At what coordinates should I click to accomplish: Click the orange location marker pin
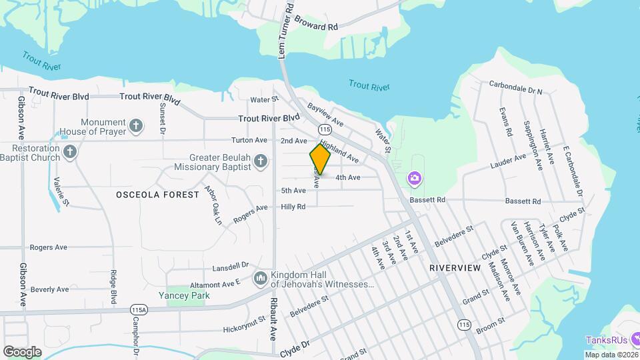pyautogui.click(x=320, y=159)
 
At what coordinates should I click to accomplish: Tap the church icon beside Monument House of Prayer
pyautogui.click(x=136, y=125)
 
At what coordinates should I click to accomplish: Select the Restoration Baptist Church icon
pyautogui.click(x=71, y=153)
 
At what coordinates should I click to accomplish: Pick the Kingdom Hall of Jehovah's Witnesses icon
pyautogui.click(x=261, y=277)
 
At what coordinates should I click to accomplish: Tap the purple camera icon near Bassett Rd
pyautogui.click(x=414, y=178)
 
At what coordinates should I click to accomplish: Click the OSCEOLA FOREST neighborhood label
pyautogui.click(x=157, y=195)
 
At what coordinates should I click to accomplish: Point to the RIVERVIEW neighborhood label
pyautogui.click(x=455, y=267)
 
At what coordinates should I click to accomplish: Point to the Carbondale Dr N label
pyautogui.click(x=515, y=87)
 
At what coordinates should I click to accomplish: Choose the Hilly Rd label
pyautogui.click(x=293, y=207)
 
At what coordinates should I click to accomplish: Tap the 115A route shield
pyautogui.click(x=139, y=310)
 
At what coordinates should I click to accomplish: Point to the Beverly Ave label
pyautogui.click(x=49, y=289)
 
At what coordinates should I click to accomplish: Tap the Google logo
pyautogui.click(x=23, y=351)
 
